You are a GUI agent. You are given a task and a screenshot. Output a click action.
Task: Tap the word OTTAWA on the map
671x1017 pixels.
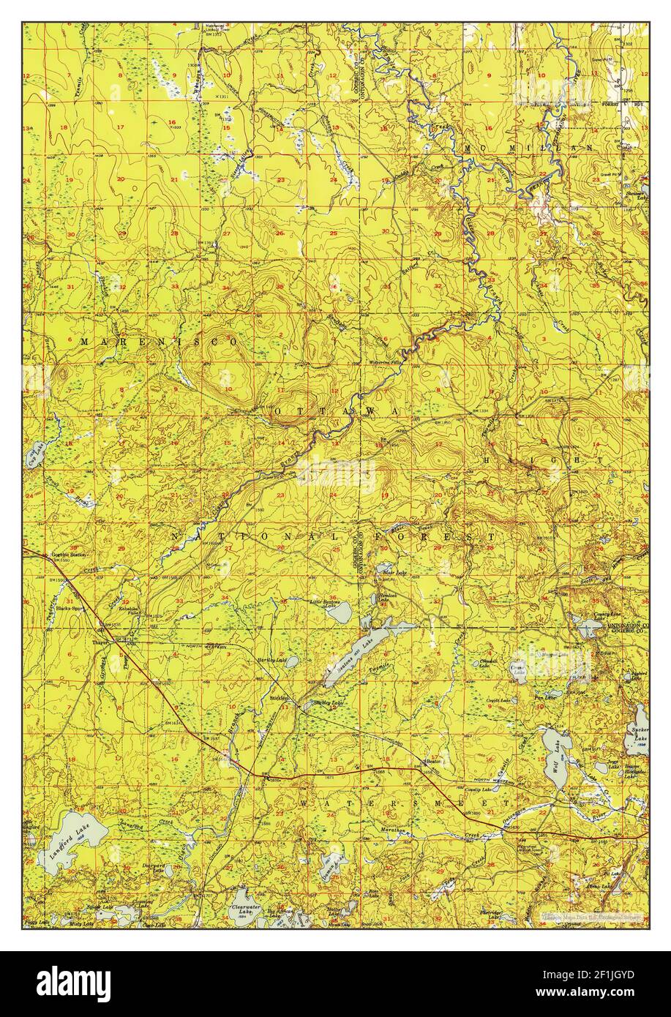[x=337, y=413]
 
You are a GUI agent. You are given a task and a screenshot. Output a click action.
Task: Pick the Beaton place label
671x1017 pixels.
[x=435, y=761]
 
